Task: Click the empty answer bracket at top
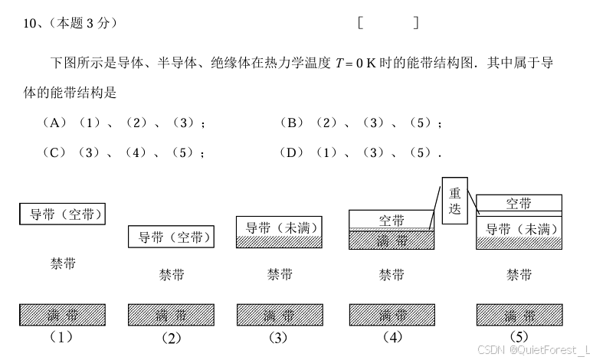pyautogui.click(x=388, y=23)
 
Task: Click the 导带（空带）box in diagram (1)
pyautogui.click(x=61, y=214)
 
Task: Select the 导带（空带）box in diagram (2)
pyautogui.click(x=170, y=237)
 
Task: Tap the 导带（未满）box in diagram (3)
pyautogui.click(x=280, y=227)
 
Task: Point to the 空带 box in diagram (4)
pyautogui.click(x=391, y=220)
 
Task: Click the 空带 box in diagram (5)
pyautogui.click(x=519, y=203)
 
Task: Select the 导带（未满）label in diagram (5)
pyautogui.click(x=519, y=228)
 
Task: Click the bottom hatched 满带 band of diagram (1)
pyautogui.click(x=61, y=315)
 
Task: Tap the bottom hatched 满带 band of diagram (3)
pyautogui.click(x=279, y=315)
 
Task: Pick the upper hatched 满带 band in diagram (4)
pyautogui.click(x=391, y=240)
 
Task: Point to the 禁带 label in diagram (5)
pyautogui.click(x=519, y=275)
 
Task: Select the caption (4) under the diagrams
pyautogui.click(x=391, y=337)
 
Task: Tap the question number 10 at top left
pyautogui.click(x=31, y=24)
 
